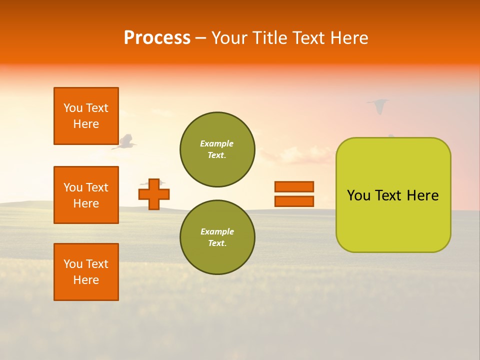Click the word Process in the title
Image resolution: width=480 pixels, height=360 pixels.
coord(157,37)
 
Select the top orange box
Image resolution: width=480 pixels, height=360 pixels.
coord(86,116)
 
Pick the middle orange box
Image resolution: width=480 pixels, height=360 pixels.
coord(86,195)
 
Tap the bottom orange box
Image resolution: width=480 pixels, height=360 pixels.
coord(86,272)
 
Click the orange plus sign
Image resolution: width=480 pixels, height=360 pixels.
coord(154,194)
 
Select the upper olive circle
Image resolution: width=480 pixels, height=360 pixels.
coord(217,149)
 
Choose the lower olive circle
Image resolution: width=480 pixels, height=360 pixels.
coord(217,237)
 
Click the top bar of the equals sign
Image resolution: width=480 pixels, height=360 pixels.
coord(294,186)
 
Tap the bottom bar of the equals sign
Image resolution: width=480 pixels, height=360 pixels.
coord(294,201)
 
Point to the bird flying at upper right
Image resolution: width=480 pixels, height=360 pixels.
coord(378,105)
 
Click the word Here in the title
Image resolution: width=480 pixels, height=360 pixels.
coord(349,37)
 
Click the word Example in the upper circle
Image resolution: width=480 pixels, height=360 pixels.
coord(217,143)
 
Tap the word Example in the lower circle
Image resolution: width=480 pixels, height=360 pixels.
coord(217,231)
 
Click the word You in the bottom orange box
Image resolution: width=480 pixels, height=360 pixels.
coord(73,264)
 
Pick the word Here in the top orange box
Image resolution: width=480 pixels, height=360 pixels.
coord(86,124)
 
